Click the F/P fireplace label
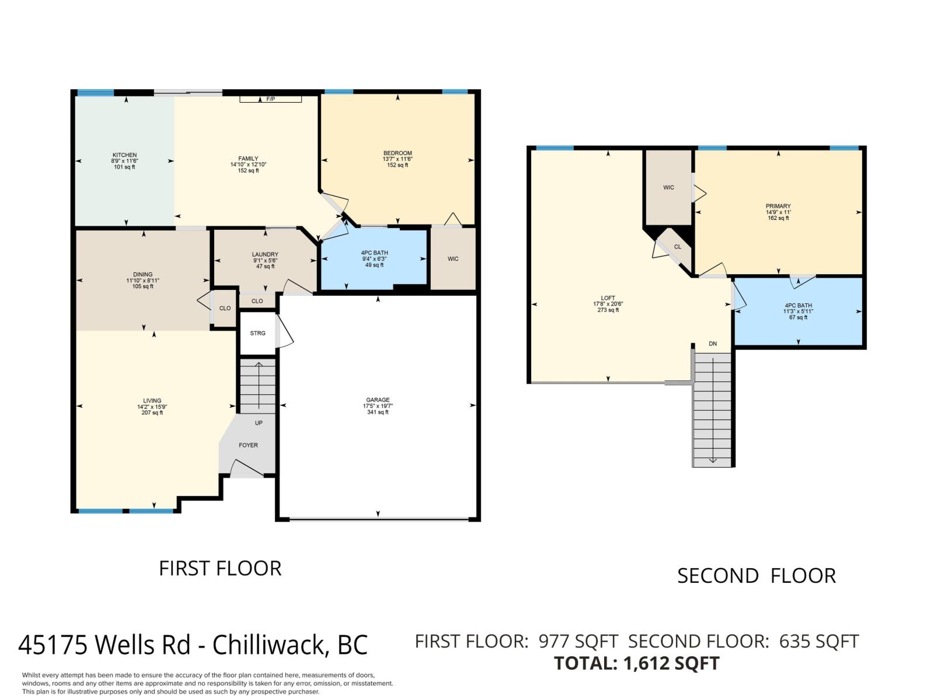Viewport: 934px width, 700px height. click(x=270, y=99)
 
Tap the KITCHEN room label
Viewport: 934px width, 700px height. click(x=124, y=155)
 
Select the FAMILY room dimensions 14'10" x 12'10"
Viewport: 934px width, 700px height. click(x=248, y=164)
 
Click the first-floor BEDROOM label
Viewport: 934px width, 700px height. click(x=398, y=153)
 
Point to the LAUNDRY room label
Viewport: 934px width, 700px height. click(x=265, y=254)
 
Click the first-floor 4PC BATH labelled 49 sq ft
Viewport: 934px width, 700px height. click(x=374, y=258)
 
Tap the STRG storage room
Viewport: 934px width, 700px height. click(x=257, y=333)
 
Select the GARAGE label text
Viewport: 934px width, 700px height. click(x=378, y=400)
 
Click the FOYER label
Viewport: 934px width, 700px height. click(x=248, y=445)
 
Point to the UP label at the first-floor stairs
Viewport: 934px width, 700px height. click(x=259, y=423)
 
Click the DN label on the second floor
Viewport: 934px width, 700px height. click(x=713, y=344)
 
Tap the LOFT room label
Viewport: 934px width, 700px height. click(x=608, y=298)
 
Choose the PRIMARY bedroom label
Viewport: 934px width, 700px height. click(x=778, y=206)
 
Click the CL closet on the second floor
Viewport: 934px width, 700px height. click(x=677, y=247)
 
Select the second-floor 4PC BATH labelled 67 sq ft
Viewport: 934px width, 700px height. click(x=798, y=311)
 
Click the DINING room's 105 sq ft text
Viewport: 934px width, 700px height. click(x=143, y=286)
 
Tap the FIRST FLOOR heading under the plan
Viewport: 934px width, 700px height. click(x=220, y=568)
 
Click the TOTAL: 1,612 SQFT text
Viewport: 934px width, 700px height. click(x=636, y=663)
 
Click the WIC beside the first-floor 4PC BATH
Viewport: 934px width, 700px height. click(x=453, y=259)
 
